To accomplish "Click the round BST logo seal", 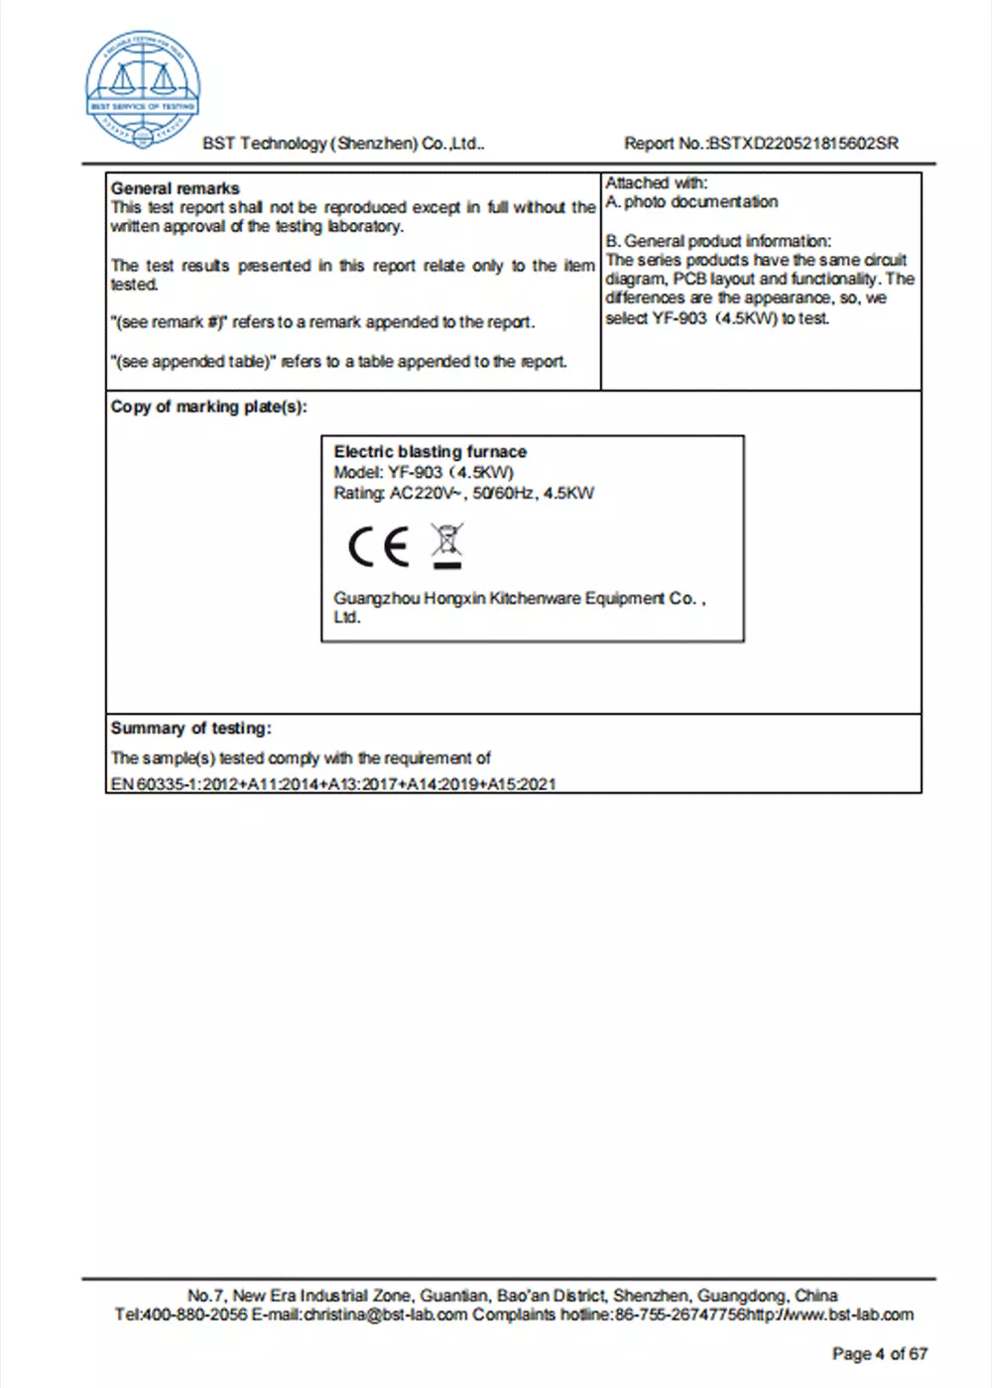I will pyautogui.click(x=144, y=89).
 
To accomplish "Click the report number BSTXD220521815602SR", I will pyautogui.click(x=805, y=144).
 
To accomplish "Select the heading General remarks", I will pyautogui.click(x=176, y=188).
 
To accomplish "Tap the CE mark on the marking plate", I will pyautogui.click(x=378, y=546).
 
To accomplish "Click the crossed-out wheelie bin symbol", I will pyautogui.click(x=447, y=545).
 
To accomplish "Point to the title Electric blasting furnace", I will pyautogui.click(x=430, y=452).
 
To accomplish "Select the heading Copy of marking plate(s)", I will pyautogui.click(x=209, y=406).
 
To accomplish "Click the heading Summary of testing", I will pyautogui.click(x=190, y=729).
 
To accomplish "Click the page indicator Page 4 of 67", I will pyautogui.click(x=879, y=1354).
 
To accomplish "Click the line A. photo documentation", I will pyautogui.click(x=692, y=202).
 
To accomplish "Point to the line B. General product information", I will pyautogui.click(x=719, y=241).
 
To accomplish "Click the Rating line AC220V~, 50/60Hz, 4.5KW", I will pyautogui.click(x=463, y=494).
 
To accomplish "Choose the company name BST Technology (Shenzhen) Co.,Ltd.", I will pyautogui.click(x=343, y=144).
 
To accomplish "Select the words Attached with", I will pyautogui.click(x=656, y=183).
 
